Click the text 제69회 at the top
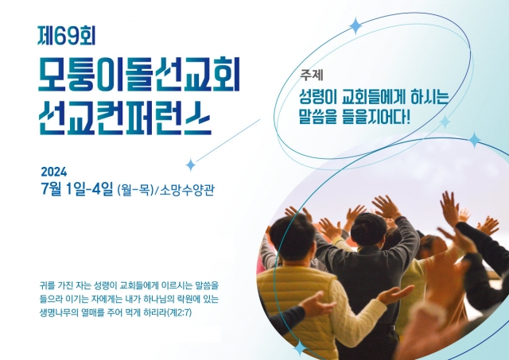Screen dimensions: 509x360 [x=67, y=35]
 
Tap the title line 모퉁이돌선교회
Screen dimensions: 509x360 [x=139, y=74]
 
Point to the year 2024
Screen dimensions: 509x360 [x=54, y=172]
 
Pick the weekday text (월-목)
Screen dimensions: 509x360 [x=135, y=189]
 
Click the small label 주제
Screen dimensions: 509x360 [x=312, y=75]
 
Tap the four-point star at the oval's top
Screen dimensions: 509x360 [x=356, y=26]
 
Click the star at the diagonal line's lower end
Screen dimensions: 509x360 [x=191, y=165]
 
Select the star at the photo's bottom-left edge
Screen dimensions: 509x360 [x=300, y=349]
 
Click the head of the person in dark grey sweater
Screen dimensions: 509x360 [x=369, y=229]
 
